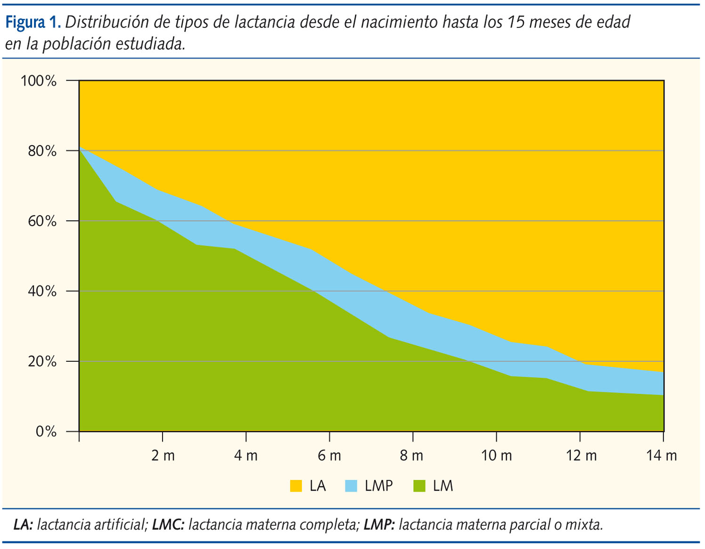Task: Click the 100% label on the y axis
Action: (38, 81)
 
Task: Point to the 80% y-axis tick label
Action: (42, 151)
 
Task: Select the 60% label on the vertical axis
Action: (42, 221)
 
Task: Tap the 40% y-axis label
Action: (42, 291)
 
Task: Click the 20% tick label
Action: (42, 361)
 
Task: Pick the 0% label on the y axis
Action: (46, 431)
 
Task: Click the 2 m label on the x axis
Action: (163, 456)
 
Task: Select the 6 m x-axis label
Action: (329, 456)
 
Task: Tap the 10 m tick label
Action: (496, 456)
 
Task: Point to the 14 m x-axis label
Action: (661, 456)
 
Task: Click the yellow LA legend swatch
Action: (296, 486)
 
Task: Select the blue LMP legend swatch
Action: (351, 486)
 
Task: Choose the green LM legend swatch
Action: (419, 486)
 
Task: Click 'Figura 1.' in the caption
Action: (33, 22)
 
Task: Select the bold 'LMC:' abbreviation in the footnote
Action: (168, 524)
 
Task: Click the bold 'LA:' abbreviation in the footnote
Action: (23, 524)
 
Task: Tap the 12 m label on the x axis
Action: (581, 456)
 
